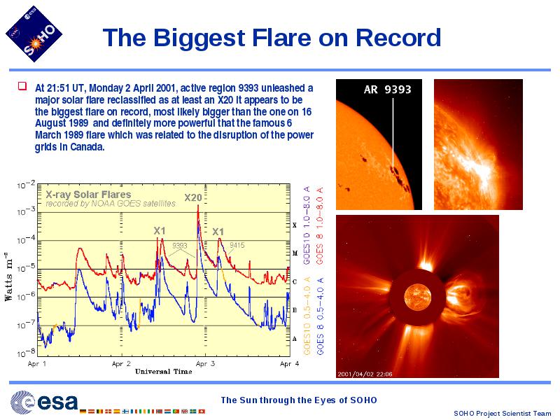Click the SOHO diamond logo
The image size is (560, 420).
point(34,34)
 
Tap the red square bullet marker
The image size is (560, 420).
point(22,86)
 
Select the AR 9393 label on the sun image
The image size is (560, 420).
point(388,90)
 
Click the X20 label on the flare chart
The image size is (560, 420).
point(193,197)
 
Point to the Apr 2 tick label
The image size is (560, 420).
point(121,364)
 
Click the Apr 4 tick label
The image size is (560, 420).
point(290,364)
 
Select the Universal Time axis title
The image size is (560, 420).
point(164,372)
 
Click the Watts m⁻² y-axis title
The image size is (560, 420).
point(8,276)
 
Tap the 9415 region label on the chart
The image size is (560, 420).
point(237,245)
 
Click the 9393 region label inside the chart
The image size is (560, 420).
point(180,246)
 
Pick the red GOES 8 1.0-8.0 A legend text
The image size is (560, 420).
point(319,225)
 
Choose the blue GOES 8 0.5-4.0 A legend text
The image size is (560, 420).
point(320,316)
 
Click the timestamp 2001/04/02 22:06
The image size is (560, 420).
point(365,374)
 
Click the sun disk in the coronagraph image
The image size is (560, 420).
point(417,297)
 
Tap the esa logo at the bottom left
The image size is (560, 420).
point(44,402)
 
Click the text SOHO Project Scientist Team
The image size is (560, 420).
point(502,413)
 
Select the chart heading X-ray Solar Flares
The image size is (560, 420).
point(89,195)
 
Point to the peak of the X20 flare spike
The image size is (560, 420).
point(198,205)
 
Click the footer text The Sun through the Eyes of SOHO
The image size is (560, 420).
point(299,400)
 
